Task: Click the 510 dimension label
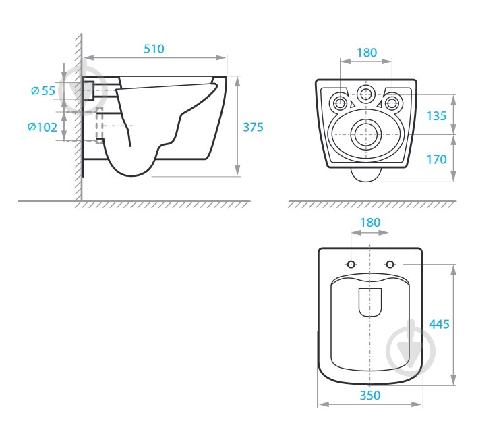click(x=154, y=49)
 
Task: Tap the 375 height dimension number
click(x=253, y=126)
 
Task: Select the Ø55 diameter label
click(x=43, y=90)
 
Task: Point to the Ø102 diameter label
click(x=42, y=126)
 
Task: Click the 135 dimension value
click(x=436, y=115)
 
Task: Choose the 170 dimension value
click(x=436, y=159)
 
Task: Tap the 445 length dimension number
click(x=439, y=324)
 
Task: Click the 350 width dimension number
click(x=369, y=396)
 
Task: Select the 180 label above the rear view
click(x=367, y=53)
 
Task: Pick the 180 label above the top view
click(x=370, y=223)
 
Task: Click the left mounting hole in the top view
click(x=351, y=263)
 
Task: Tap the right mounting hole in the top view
click(x=390, y=263)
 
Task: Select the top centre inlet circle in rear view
click(x=367, y=95)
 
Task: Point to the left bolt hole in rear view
click(x=341, y=103)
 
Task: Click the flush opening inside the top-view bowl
click(x=370, y=302)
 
